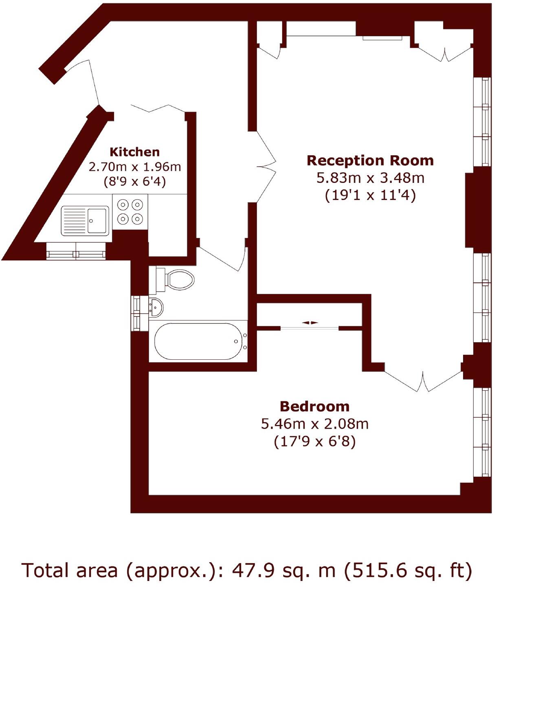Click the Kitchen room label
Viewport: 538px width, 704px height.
tap(134, 152)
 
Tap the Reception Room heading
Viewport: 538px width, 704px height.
tap(370, 161)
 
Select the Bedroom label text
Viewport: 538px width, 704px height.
tap(314, 406)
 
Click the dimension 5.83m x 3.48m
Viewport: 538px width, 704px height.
tap(370, 178)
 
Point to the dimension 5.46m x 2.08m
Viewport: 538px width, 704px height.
tap(314, 424)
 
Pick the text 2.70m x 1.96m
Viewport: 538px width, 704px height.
tap(135, 167)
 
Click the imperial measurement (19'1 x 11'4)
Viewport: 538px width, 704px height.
tap(370, 196)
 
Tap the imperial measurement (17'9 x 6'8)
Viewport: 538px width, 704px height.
tap(314, 442)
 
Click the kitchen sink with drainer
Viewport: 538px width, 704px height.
tap(85, 221)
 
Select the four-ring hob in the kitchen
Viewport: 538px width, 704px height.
tap(130, 211)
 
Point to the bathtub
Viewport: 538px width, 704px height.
tap(198, 341)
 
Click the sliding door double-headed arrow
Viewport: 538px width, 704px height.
tap(310, 323)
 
